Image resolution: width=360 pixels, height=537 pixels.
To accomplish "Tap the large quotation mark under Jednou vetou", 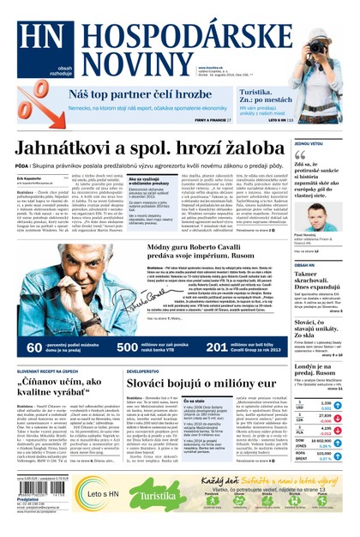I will [301, 157].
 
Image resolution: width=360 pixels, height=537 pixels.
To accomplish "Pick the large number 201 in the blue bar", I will [219, 348].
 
